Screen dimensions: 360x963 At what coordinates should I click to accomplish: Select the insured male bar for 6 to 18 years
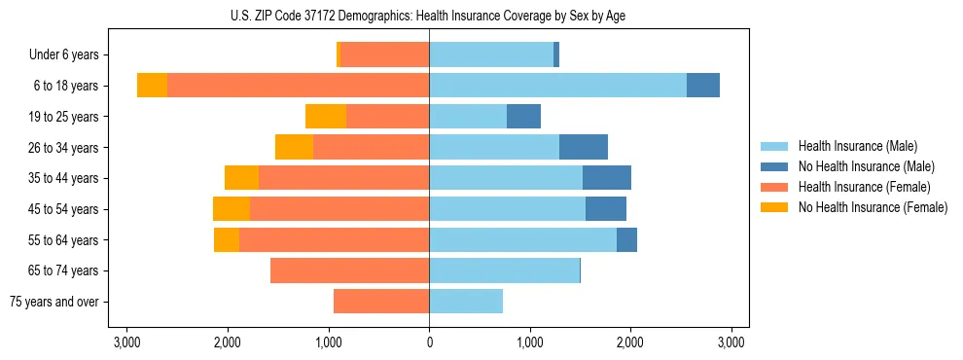click(557, 86)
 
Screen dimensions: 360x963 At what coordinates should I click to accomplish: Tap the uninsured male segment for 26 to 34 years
click(584, 147)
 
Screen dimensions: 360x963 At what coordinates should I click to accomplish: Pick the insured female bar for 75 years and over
click(381, 302)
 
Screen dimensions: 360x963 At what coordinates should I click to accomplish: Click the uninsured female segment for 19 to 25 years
click(326, 117)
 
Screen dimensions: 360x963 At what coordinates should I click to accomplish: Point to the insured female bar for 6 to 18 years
click(298, 86)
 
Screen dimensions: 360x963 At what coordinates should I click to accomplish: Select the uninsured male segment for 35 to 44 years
click(607, 178)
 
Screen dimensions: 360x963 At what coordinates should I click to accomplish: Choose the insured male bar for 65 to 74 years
click(504, 270)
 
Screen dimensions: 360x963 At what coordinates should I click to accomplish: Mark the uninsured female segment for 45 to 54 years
click(232, 209)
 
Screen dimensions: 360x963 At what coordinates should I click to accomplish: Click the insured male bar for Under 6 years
click(491, 54)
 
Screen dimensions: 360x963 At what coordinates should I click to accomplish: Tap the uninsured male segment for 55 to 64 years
click(626, 239)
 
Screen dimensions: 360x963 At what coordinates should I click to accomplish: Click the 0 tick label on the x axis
click(429, 342)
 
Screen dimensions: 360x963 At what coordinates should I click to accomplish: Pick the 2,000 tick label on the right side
click(630, 342)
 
